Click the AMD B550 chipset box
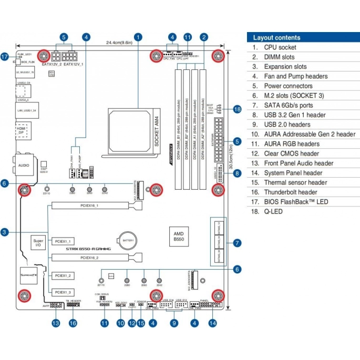click(179, 236)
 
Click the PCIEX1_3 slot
click(62, 291)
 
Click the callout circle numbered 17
click(5, 57)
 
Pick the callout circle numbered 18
click(237, 109)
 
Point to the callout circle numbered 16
click(73, 324)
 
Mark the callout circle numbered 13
click(56, 324)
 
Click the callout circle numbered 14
click(212, 324)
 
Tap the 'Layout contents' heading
click(277, 38)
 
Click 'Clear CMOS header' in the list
click(292, 153)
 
